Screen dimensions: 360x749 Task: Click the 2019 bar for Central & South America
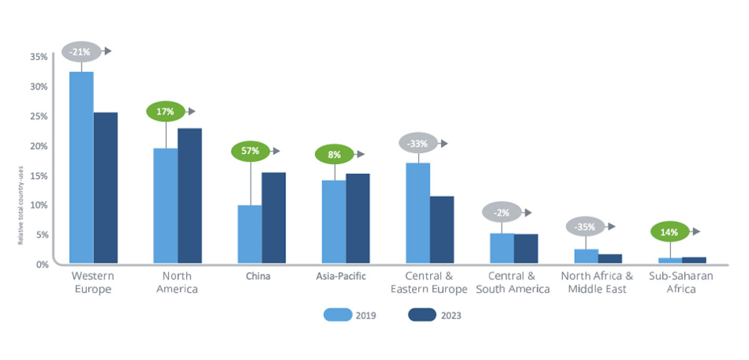(x=502, y=248)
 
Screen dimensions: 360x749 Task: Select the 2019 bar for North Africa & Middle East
(x=586, y=256)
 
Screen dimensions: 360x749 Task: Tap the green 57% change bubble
(x=250, y=151)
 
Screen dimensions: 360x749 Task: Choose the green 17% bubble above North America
(x=165, y=112)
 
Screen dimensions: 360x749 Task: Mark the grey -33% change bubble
(x=418, y=144)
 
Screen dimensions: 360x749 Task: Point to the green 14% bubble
(x=670, y=231)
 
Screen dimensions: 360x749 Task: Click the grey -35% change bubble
(x=585, y=226)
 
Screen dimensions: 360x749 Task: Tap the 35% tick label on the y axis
(x=39, y=57)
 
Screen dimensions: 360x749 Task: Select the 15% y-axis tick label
(x=39, y=175)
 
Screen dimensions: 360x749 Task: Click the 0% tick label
(x=41, y=264)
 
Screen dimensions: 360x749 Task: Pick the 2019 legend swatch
(x=337, y=315)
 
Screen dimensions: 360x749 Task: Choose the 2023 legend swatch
(x=422, y=315)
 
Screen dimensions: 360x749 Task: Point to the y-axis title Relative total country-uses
(x=21, y=205)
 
